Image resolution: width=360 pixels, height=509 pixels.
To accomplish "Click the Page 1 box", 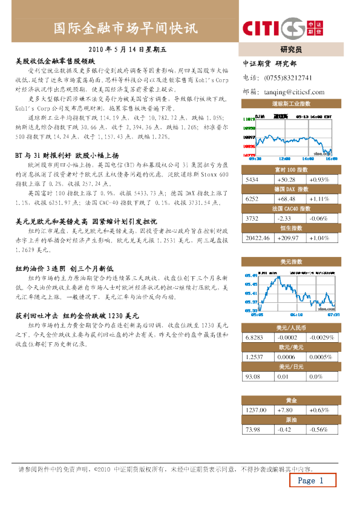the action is tap(311, 481).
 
